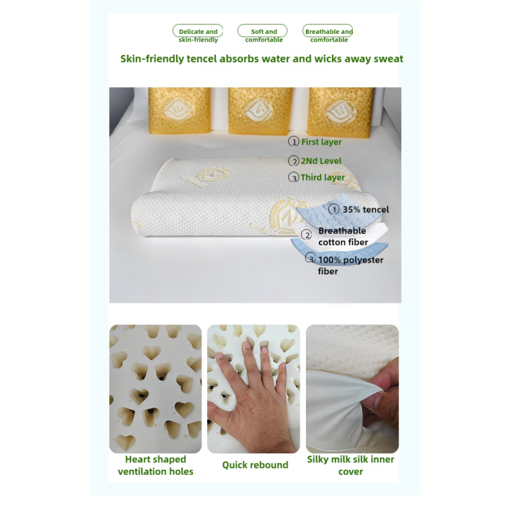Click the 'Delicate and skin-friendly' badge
click(x=198, y=35)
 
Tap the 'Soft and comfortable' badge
click(x=263, y=35)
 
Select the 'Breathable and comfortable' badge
click(x=328, y=35)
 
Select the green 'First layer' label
click(x=321, y=142)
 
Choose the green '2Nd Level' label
click(x=321, y=161)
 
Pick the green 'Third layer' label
click(x=323, y=178)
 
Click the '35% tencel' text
click(x=365, y=209)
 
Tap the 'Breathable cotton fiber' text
click(x=343, y=237)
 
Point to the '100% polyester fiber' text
click(x=350, y=265)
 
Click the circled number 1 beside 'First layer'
click(x=294, y=142)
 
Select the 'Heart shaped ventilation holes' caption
click(x=156, y=465)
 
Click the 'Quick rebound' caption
click(x=255, y=465)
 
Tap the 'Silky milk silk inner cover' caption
click(x=351, y=465)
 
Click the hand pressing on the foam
click(x=245, y=402)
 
